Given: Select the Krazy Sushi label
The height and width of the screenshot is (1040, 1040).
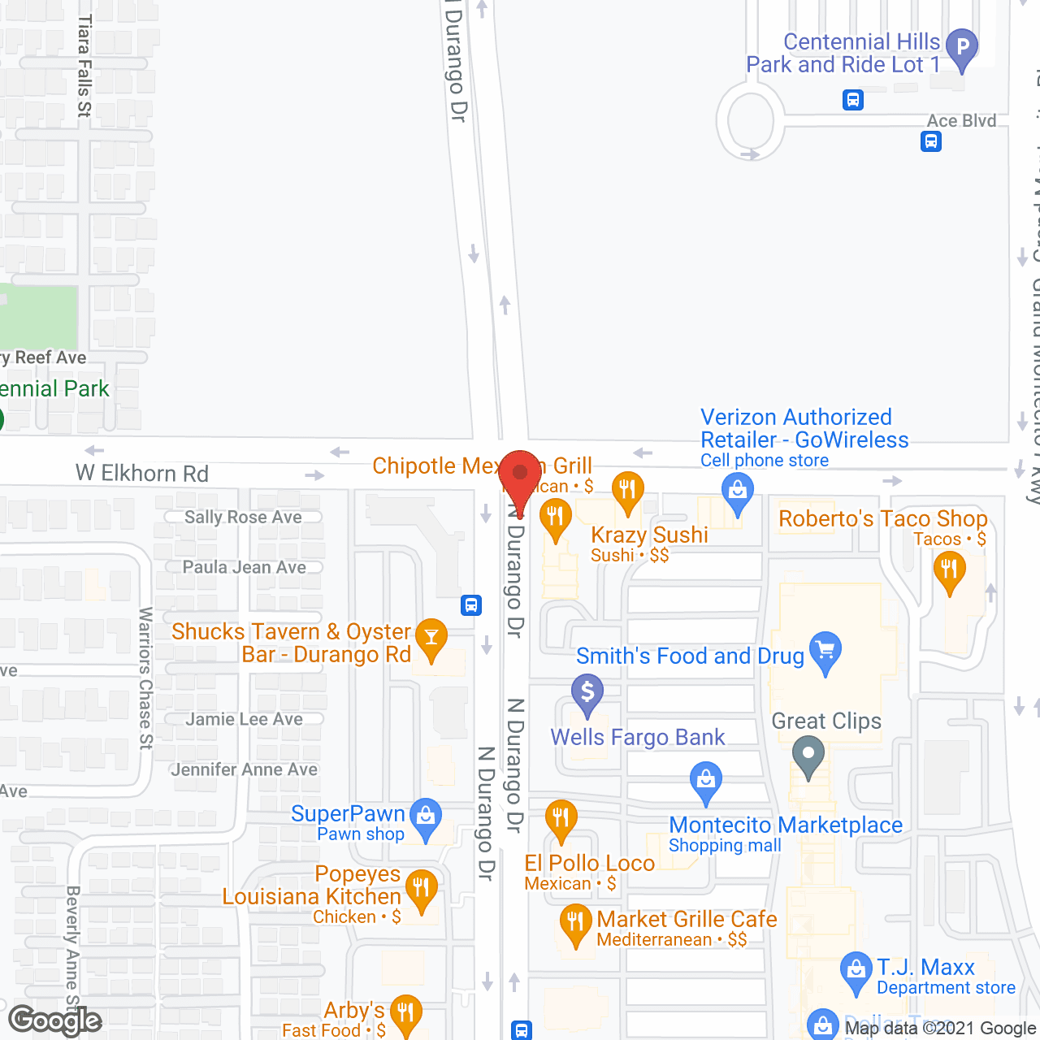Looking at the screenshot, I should point(649,535).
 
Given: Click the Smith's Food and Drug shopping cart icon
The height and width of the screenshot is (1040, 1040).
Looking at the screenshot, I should point(825,651).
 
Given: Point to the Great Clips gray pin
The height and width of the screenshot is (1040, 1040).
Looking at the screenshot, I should point(808,755).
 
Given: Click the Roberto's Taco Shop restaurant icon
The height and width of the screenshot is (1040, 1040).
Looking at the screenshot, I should point(949,570).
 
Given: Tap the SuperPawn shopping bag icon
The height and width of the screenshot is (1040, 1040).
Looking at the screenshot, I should point(426,817).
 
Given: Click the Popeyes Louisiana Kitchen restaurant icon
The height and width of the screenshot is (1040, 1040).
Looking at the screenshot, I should point(421,888).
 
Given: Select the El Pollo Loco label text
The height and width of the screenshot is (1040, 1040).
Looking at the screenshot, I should point(589,863).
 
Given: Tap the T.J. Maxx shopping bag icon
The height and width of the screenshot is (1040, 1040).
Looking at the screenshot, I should point(856,971).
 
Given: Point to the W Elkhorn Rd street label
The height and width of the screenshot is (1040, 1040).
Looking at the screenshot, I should point(142,473).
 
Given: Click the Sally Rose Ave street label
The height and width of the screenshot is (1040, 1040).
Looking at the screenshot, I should point(243,518).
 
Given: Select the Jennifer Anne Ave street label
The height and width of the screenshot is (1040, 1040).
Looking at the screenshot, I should point(244,769).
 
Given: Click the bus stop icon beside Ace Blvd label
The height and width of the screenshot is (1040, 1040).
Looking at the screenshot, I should point(931,142).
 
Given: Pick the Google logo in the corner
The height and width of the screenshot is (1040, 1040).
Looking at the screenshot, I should point(55,1020).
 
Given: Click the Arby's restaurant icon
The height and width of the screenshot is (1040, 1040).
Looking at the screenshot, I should point(405,1013).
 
